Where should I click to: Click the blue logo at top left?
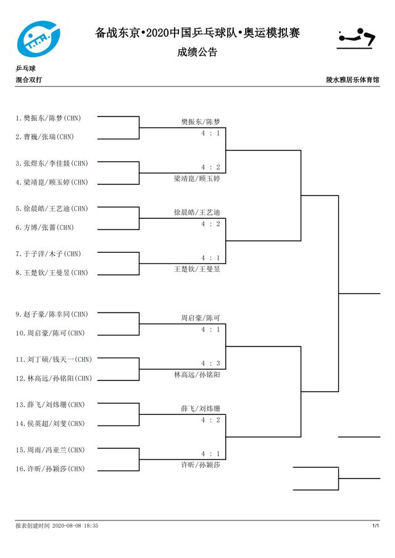point(38,39)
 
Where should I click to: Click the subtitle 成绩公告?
point(197,52)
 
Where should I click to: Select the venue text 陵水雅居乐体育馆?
point(352,80)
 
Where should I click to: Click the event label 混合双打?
point(28,80)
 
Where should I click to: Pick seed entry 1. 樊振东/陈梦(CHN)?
point(48,118)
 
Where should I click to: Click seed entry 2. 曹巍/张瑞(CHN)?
point(44,137)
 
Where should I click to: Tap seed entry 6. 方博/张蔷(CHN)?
point(44,228)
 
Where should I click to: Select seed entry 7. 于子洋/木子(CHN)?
point(48,254)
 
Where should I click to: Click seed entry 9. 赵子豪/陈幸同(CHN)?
point(52,314)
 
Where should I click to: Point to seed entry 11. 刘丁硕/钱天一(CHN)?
point(54,359)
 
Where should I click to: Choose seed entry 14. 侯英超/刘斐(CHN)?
point(50,424)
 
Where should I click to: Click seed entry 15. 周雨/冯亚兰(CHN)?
point(50,450)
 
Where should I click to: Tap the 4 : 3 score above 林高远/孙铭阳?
point(210,363)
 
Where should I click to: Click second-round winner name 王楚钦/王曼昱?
point(197,269)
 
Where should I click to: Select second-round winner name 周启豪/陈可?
point(201,318)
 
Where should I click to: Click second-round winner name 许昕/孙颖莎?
point(201,465)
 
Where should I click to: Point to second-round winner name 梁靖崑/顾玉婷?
point(197,179)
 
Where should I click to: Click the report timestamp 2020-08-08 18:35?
point(75,525)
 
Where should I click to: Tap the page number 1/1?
point(376,525)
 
